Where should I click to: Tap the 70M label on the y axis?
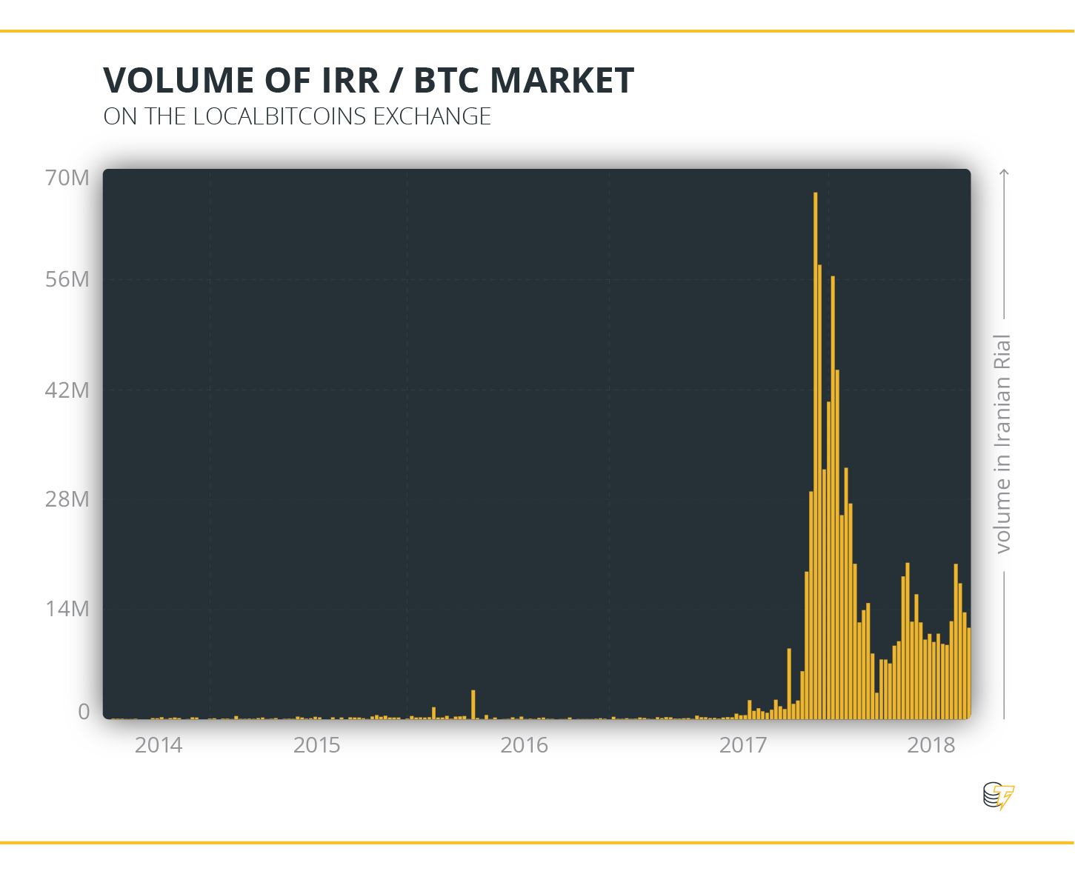(x=67, y=178)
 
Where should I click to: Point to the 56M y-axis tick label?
(x=67, y=279)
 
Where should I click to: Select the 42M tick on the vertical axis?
(x=67, y=390)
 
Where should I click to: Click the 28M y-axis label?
(x=67, y=499)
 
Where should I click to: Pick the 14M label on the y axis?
(x=67, y=609)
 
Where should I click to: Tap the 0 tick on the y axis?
(x=84, y=712)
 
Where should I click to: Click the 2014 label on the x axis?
(x=159, y=745)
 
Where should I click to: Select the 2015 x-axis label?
(x=317, y=745)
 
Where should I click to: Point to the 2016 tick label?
(x=524, y=745)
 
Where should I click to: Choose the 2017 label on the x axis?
(x=743, y=745)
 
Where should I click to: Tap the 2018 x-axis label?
(x=931, y=745)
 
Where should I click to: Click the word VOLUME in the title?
(x=179, y=80)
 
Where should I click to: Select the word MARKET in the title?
(x=562, y=80)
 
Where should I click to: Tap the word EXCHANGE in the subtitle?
(x=432, y=116)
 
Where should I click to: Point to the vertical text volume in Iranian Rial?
(x=1002, y=444)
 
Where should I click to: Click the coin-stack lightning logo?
(x=999, y=795)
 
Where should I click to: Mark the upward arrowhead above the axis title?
(x=1005, y=173)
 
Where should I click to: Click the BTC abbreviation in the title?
(x=446, y=80)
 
